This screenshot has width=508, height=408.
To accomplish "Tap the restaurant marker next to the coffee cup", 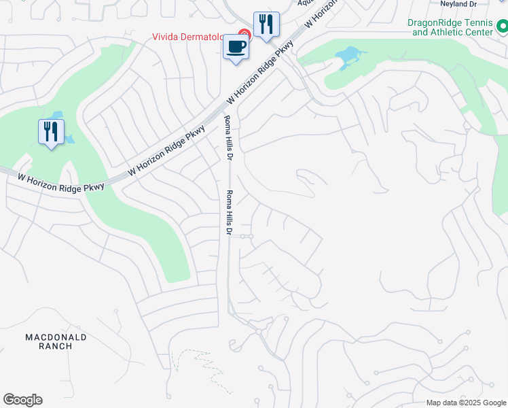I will pos(266,26).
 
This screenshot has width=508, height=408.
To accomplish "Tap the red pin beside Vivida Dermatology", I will pos(244,33).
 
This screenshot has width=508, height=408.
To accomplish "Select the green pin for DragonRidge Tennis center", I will pos(502,28).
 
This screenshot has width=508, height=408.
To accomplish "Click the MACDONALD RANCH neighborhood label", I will pos(56,341).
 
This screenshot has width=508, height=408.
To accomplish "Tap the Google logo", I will pos(22,400).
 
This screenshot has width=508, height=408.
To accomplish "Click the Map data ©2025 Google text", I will pos(467,403).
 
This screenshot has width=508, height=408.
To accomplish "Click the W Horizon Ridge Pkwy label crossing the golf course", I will pos(61,182).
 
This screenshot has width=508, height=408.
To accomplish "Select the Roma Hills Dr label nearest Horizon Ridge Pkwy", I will pos(229,138).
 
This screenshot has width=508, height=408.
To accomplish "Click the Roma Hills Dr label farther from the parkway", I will pos(229,214).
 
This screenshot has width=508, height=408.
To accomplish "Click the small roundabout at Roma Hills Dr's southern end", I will pos(259,332).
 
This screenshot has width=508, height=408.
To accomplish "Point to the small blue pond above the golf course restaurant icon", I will pos(56,115).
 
